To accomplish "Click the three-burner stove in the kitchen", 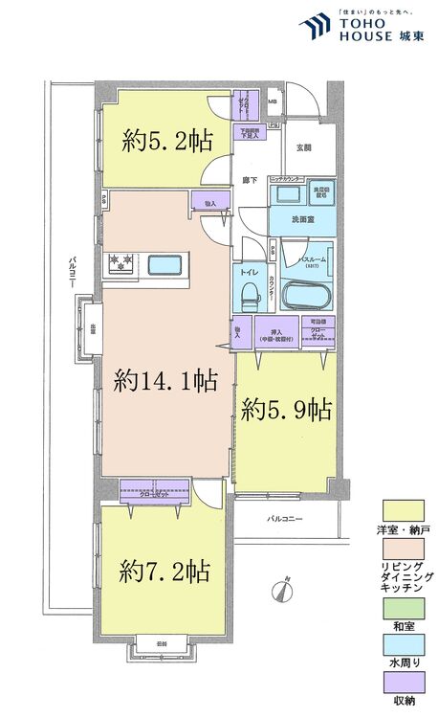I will [x=122, y=261].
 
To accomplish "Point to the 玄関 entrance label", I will [x=304, y=147].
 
